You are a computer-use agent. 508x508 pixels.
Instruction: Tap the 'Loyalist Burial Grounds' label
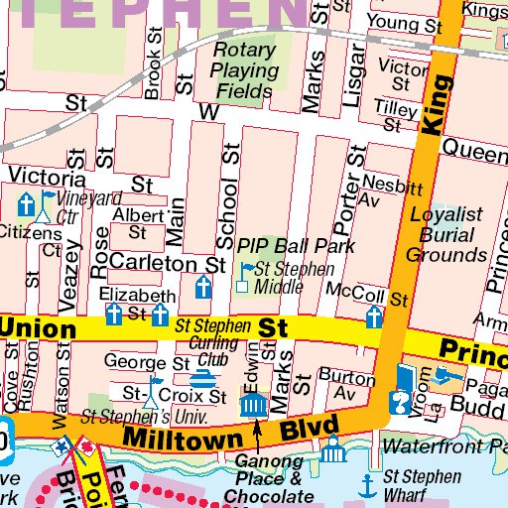447,234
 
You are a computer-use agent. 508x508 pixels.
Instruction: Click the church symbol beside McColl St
374,317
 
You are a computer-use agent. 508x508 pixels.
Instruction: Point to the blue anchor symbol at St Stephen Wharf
368,485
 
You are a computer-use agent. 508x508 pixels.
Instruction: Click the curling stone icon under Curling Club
202,379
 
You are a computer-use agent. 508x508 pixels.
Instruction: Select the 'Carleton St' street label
169,264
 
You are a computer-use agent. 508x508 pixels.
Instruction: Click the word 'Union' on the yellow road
40,328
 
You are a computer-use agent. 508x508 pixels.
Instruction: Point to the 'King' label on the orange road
431,109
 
